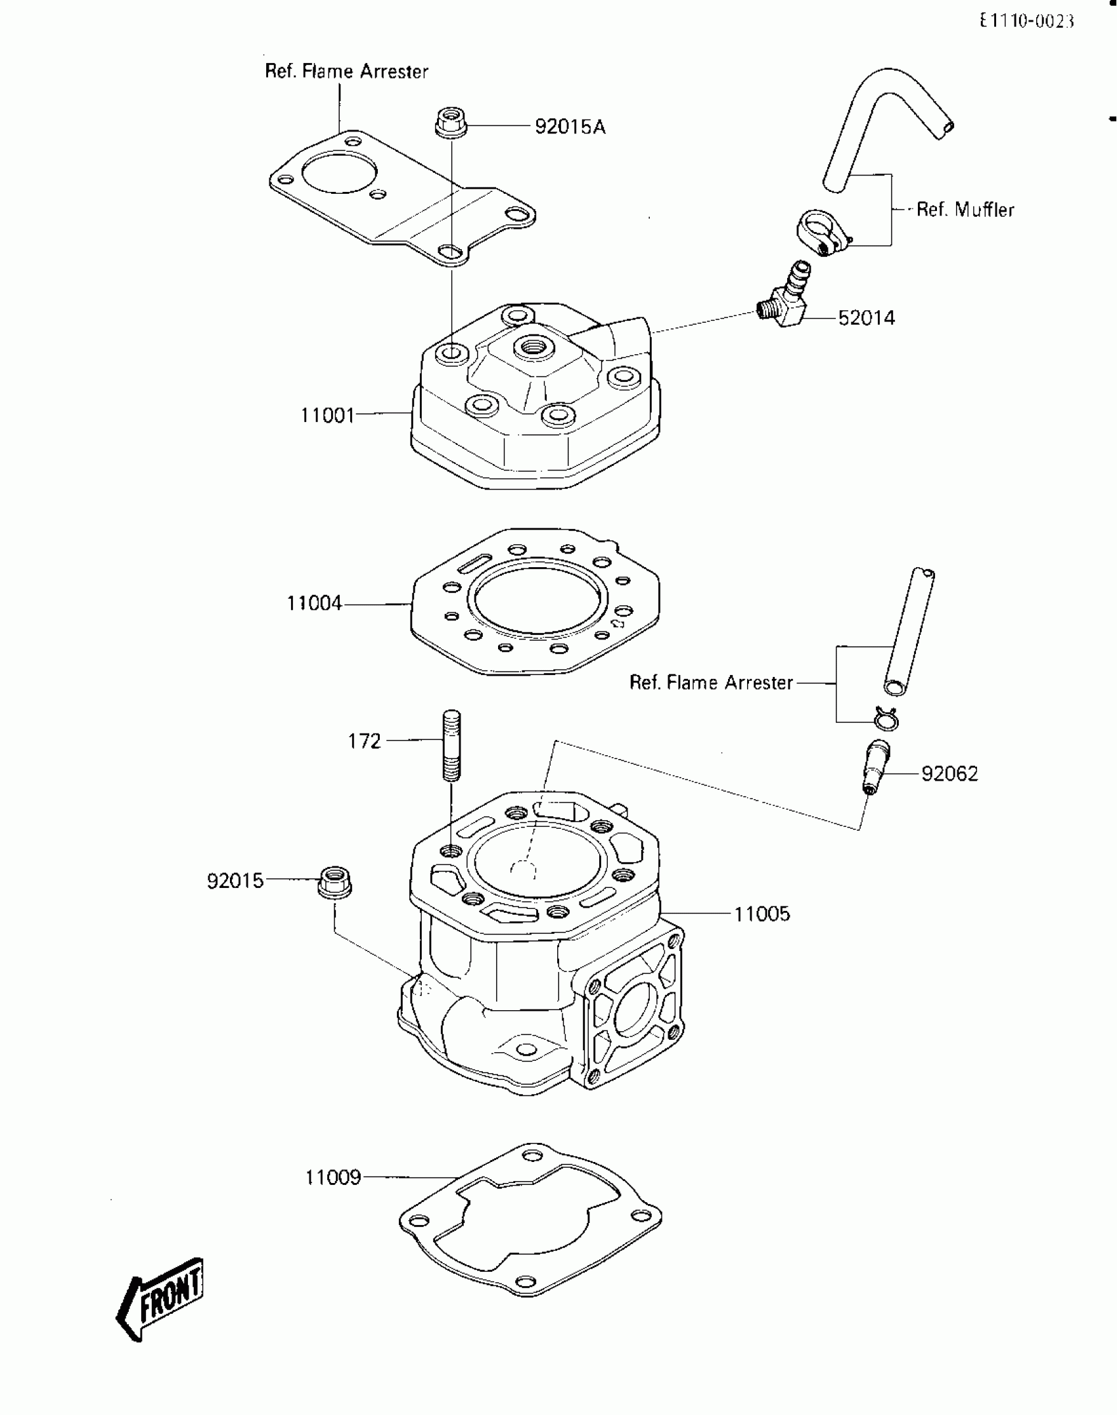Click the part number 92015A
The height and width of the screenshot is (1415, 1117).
(570, 126)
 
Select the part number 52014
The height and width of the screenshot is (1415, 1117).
(866, 318)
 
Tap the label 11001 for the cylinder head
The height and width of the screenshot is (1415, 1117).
(327, 415)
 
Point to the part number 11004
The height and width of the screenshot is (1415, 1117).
(314, 603)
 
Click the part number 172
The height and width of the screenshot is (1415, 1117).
(364, 741)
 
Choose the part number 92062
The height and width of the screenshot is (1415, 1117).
(949, 774)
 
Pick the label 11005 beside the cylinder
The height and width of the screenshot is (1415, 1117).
(762, 914)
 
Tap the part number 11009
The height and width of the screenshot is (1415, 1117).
(333, 1177)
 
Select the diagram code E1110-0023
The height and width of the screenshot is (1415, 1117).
(1026, 22)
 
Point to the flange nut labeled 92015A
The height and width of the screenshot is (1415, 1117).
(451, 123)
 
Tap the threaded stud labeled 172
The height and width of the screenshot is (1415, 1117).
(451, 745)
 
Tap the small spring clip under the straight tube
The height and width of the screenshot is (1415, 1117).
(886, 719)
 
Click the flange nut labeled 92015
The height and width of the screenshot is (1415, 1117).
(335, 882)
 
